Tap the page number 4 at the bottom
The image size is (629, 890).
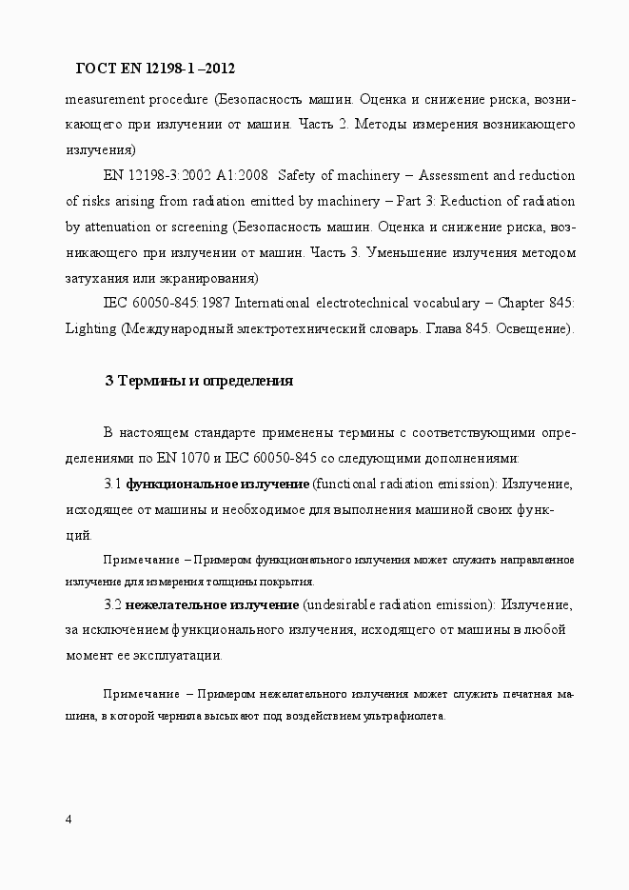coord(69,820)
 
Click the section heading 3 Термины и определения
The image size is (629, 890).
coord(198,381)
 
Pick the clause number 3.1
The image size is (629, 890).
coord(112,484)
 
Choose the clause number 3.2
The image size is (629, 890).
coord(112,604)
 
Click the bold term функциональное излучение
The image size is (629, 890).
coord(218,484)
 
